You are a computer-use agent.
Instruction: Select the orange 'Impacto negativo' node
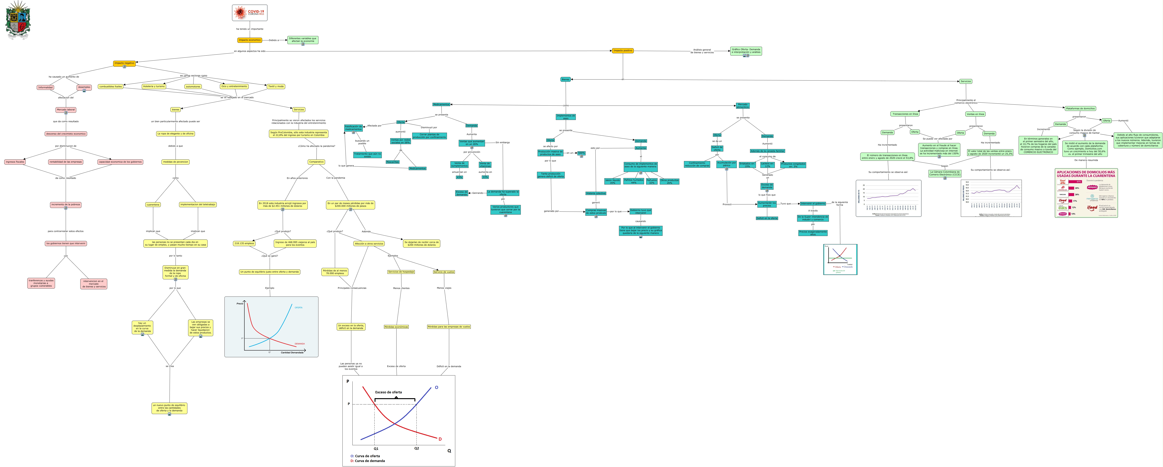point(124,63)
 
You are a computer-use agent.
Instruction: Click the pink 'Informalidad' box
point(46,87)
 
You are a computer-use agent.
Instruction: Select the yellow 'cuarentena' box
point(153,204)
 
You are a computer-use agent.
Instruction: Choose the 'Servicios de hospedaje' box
point(401,272)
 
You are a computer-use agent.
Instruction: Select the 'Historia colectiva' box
point(596,193)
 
